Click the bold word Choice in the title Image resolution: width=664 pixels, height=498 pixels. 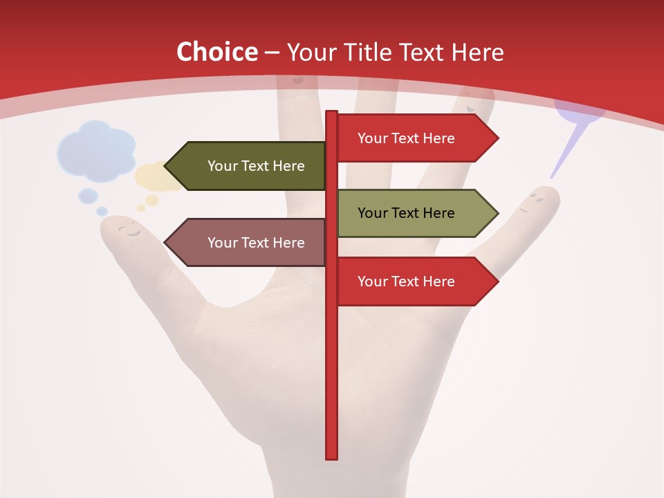216,53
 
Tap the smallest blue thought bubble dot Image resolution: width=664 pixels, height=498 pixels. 102,211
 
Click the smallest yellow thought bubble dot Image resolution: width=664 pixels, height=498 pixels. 141,207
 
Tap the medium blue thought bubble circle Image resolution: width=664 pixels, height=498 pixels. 88,196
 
